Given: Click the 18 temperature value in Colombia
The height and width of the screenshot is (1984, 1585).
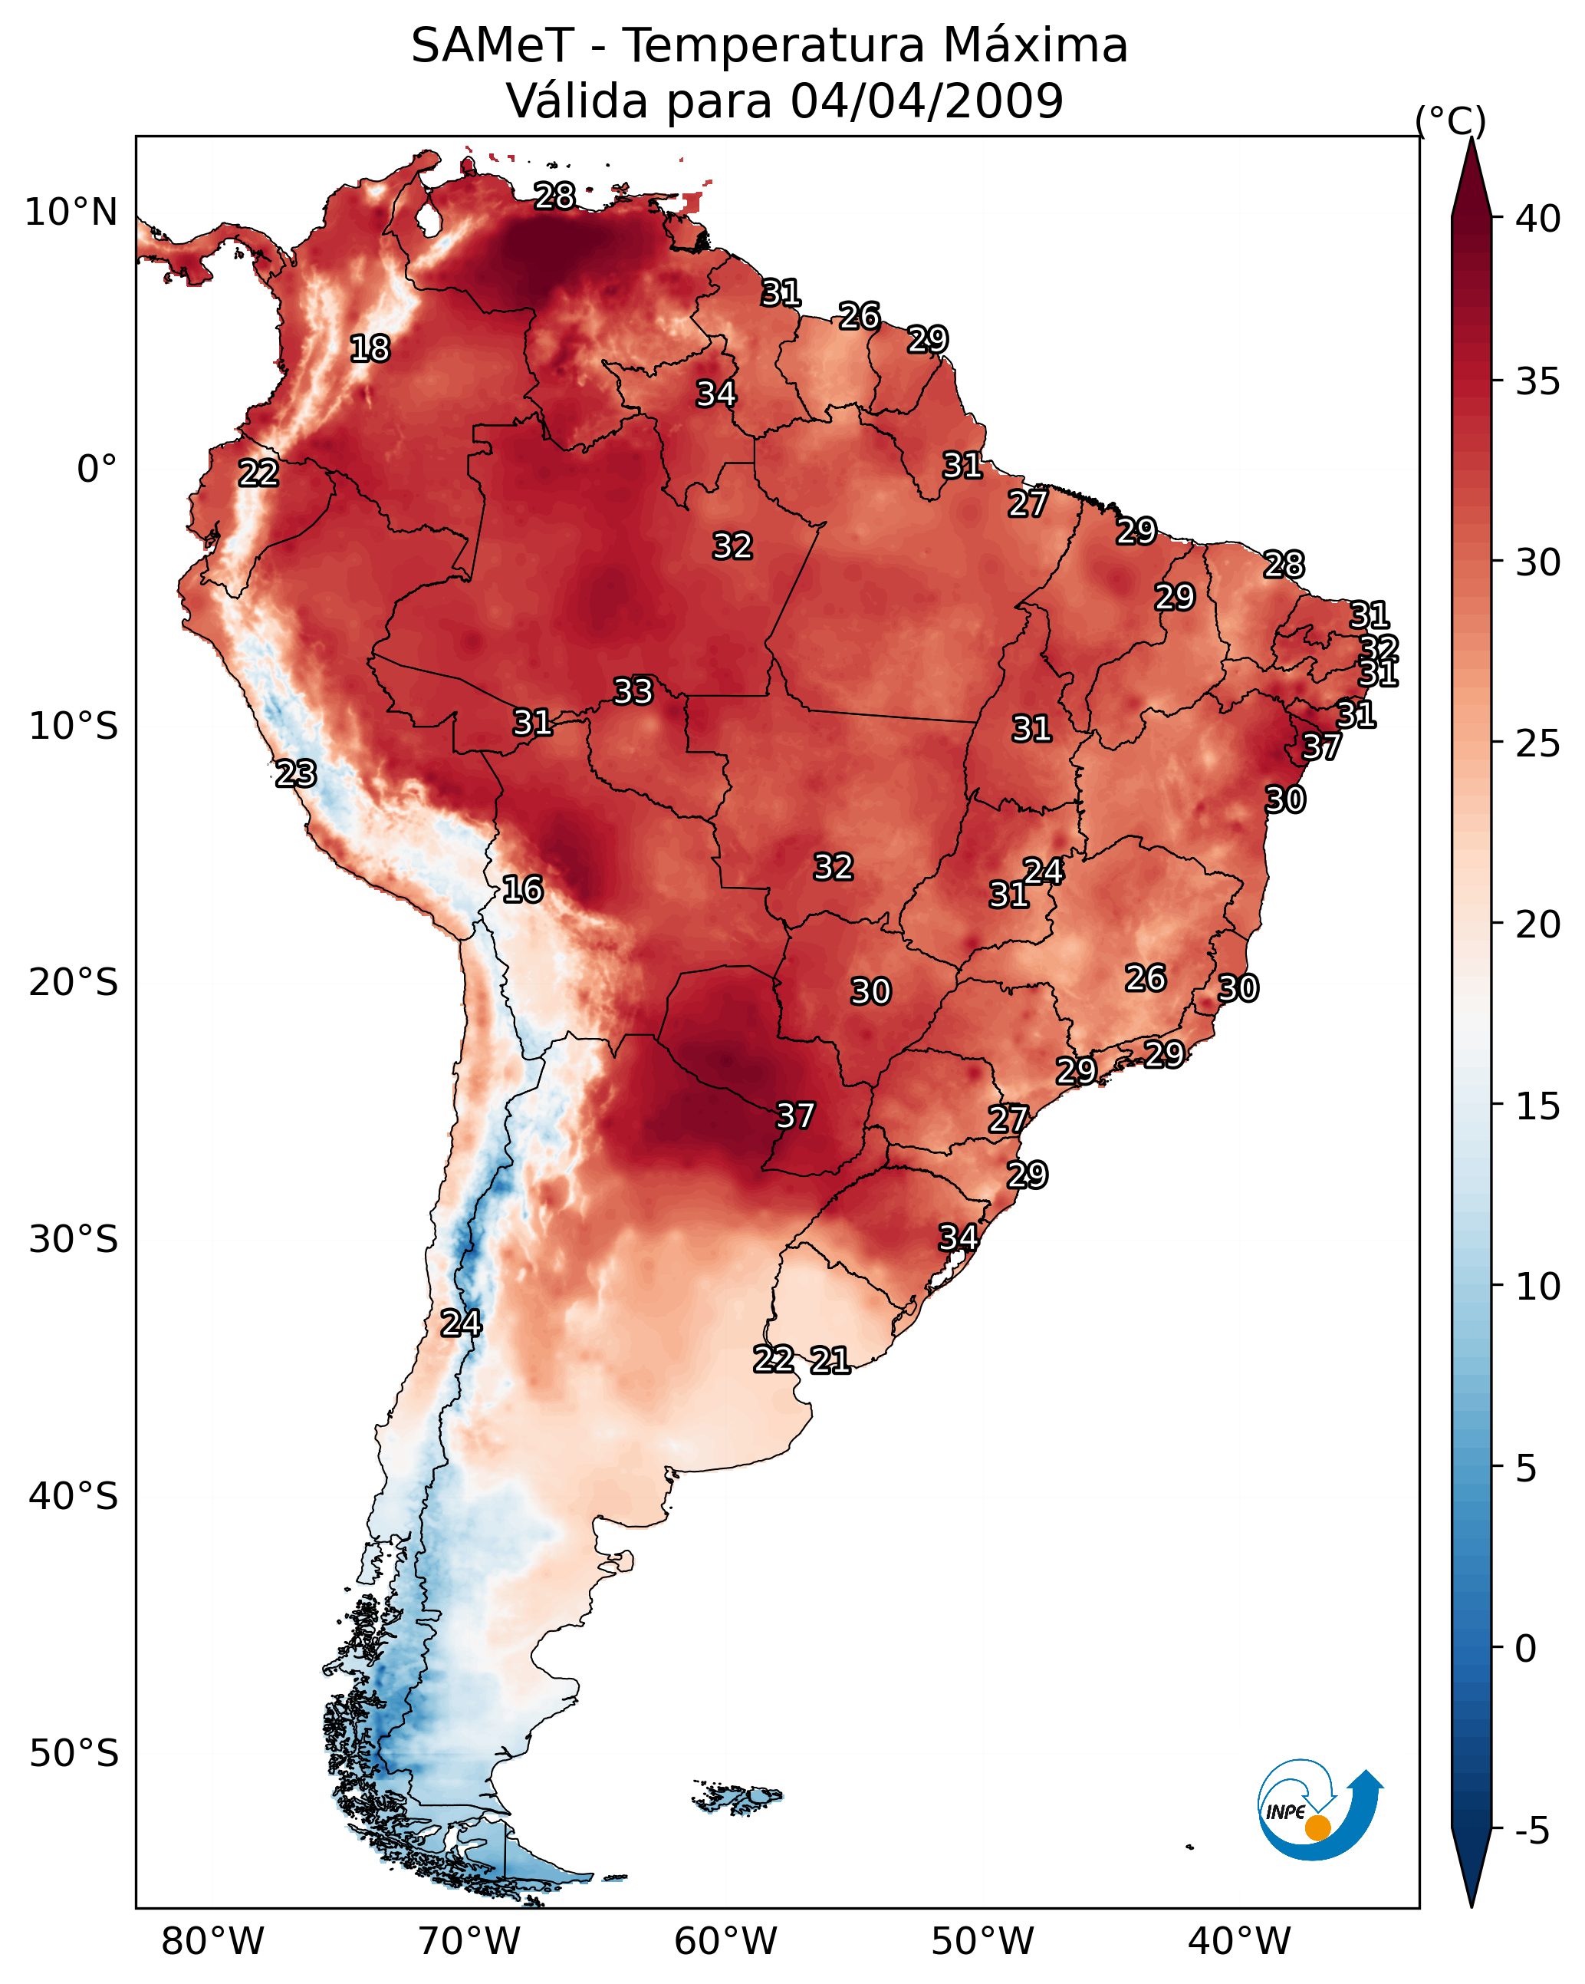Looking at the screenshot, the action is coord(370,349).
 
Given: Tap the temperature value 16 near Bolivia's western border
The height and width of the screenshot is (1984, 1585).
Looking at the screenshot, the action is coord(522,889).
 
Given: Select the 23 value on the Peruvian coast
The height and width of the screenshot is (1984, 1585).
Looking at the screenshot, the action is coord(296,774).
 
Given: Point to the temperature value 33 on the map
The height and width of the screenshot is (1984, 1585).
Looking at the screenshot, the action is coord(633,691).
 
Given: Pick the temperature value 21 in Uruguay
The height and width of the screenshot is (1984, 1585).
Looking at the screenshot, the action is coord(830,1360).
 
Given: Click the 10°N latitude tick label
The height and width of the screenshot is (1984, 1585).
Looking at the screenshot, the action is coord(71,213).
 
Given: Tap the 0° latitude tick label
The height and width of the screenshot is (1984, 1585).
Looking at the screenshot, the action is coord(97,470).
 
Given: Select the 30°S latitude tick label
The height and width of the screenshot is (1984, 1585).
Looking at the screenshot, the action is coord(74,1240).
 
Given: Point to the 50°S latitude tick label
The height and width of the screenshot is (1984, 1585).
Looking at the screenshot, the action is coord(74,1754).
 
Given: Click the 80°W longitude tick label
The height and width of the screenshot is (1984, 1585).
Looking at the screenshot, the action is coord(212,1942).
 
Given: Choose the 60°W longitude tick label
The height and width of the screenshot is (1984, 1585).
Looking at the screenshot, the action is coord(726,1942).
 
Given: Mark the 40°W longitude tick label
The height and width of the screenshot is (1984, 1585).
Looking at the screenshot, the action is coord(1239,1942).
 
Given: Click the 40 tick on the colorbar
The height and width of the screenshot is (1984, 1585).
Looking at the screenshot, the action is coord(1538,219).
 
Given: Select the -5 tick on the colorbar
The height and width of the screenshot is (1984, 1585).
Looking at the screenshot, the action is coord(1531,1831).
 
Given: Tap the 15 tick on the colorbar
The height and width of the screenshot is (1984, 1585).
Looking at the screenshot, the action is coord(1538,1106).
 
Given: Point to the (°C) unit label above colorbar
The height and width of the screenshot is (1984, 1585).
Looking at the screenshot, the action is coord(1451,120).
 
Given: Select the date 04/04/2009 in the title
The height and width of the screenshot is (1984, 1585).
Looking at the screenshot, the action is coord(927,101).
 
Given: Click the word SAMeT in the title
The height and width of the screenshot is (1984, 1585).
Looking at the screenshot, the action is coord(493,45).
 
